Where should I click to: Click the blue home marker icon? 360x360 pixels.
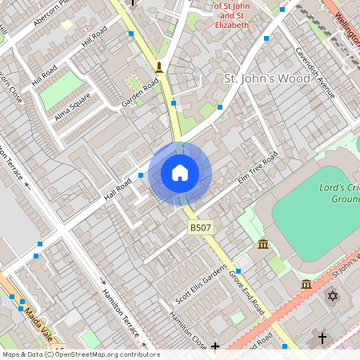click(x=180, y=173)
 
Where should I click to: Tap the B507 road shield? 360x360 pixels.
click(x=201, y=229)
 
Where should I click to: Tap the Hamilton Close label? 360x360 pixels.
click(x=186, y=329)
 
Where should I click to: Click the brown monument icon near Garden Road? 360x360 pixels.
click(x=159, y=66)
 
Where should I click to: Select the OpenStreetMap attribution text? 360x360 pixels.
click(x=80, y=354)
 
